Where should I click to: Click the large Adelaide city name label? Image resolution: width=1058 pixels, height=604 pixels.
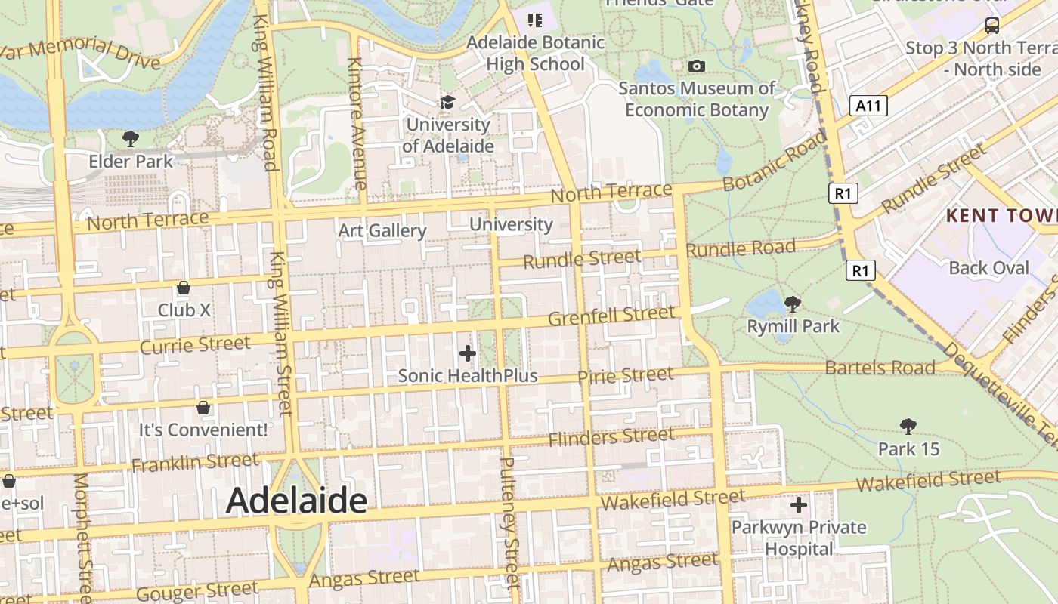[x=296, y=500]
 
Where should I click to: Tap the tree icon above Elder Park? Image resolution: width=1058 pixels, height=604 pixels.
[x=130, y=139]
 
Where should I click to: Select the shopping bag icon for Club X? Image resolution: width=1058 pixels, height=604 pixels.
[x=183, y=288]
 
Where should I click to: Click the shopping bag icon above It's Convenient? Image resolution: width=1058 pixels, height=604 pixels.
[x=203, y=408]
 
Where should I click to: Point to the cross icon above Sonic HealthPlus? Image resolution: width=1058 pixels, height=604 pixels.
[x=468, y=353]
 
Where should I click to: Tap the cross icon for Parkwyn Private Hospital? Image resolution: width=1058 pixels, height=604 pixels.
[x=798, y=505]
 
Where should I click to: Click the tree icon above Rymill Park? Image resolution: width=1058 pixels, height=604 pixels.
[x=792, y=304]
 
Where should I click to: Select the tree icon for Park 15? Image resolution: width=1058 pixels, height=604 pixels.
[x=908, y=427]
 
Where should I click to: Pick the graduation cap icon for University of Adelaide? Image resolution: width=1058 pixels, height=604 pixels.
[x=448, y=102]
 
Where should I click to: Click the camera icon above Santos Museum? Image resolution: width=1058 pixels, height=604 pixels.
[x=697, y=66]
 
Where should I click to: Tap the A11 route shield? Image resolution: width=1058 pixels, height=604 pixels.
[x=868, y=106]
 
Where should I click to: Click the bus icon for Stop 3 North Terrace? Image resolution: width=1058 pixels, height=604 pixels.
[x=991, y=26]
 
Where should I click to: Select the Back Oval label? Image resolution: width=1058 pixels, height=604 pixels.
[x=988, y=268]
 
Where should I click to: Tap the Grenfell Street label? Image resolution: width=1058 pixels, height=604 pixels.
[x=611, y=316]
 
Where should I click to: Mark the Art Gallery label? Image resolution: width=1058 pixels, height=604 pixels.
[x=382, y=230]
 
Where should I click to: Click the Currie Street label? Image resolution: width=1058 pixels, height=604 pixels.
[x=195, y=345]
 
